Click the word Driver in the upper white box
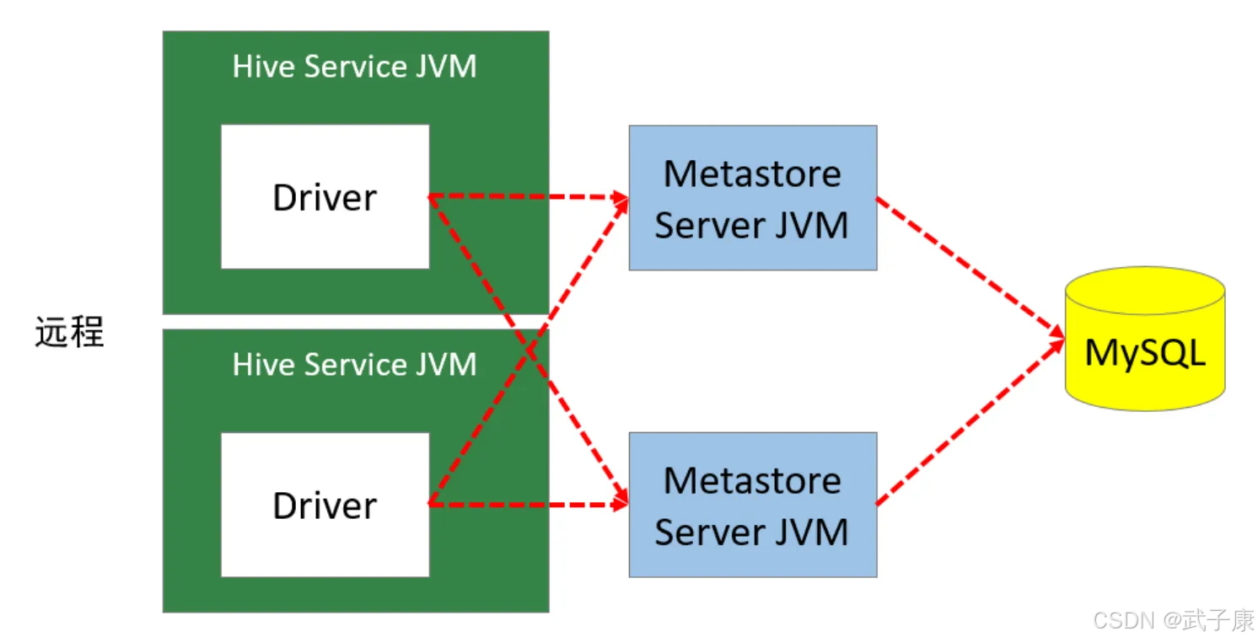(325, 197)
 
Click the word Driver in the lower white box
(325, 506)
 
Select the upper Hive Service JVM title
(354, 67)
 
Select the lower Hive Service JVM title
(354, 364)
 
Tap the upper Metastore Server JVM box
(753, 197)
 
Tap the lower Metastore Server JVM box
(753, 505)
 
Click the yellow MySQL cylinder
(1144, 339)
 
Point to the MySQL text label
(1144, 353)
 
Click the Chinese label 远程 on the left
(70, 332)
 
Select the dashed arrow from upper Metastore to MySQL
(970, 267)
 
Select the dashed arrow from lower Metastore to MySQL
(970, 421)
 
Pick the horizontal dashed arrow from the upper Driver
(529, 197)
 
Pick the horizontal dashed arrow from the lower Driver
(529, 505)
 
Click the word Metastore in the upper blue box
(753, 174)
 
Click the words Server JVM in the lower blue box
(751, 532)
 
